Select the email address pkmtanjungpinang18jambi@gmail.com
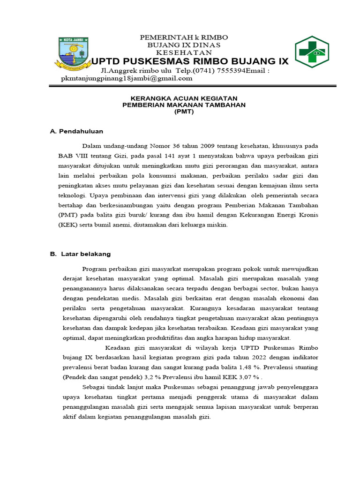click(127, 78)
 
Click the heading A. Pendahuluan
click(76, 131)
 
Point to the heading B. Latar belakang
click(80, 254)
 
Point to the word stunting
click(305, 367)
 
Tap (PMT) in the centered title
click(184, 112)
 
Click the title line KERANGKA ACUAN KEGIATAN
click(184, 98)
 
